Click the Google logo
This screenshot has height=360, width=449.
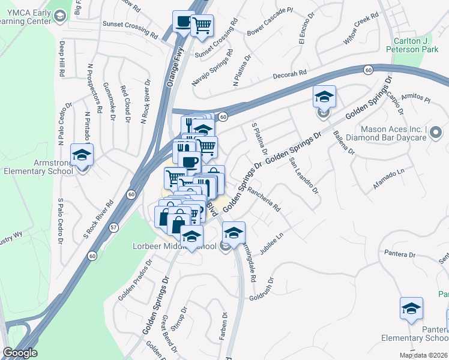[x=20, y=353]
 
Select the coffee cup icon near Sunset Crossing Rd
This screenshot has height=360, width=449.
[x=183, y=22]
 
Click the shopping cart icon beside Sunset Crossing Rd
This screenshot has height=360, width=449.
[x=202, y=25]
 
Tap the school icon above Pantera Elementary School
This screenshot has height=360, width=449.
[x=411, y=308]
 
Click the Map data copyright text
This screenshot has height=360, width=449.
[x=424, y=355]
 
